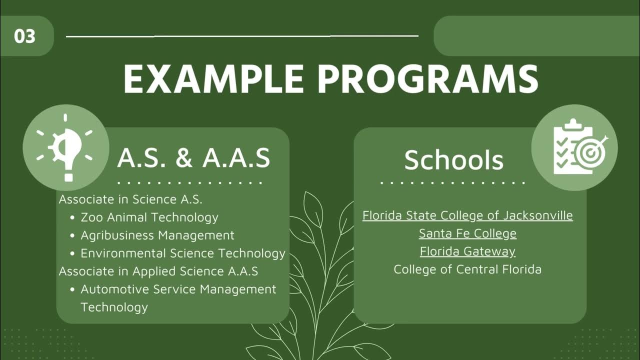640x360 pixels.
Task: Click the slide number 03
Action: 24,36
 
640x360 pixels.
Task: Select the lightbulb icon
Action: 65,148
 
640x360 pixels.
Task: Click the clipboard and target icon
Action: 574,147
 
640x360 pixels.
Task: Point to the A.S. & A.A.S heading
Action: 193,158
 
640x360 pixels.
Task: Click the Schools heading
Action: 453,160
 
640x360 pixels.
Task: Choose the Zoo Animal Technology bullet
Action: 149,217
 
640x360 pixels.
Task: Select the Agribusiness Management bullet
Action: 157,235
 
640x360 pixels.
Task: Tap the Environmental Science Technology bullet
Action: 183,253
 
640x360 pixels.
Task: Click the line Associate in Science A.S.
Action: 130,199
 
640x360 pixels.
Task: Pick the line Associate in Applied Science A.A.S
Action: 158,271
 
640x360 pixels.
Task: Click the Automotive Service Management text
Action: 178,289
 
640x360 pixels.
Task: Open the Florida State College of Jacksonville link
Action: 467,215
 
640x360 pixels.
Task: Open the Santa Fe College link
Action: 467,233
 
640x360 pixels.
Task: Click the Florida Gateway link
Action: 467,251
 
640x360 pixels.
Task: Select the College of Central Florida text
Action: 467,269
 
